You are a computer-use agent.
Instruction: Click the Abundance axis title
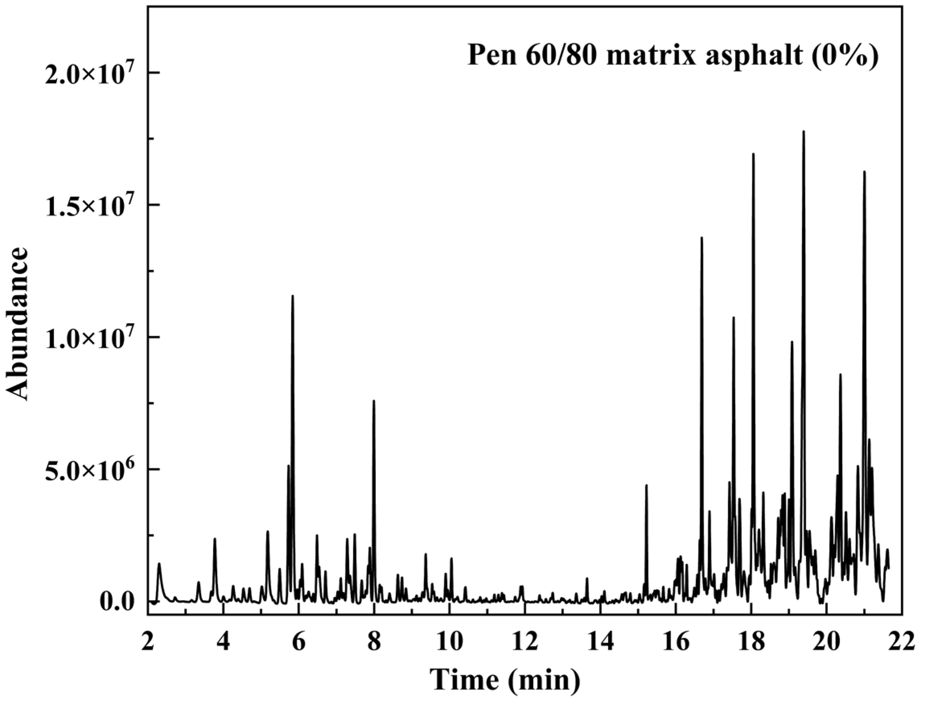click(18, 324)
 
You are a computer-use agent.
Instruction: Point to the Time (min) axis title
click(506, 679)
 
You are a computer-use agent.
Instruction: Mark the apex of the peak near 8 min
click(373, 401)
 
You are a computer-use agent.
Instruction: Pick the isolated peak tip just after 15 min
click(646, 485)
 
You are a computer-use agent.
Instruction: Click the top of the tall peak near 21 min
click(864, 171)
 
